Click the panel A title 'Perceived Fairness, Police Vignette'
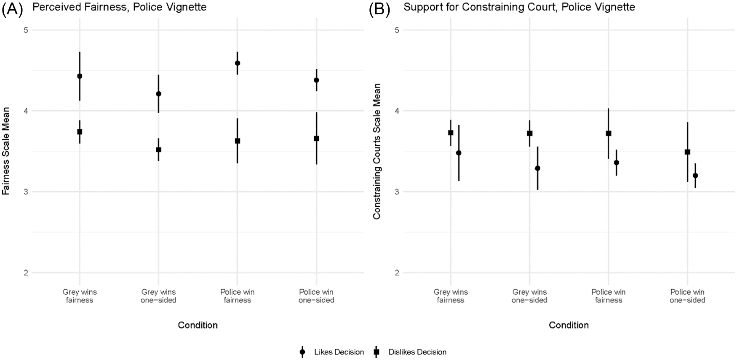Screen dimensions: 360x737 pyautogui.click(x=119, y=7)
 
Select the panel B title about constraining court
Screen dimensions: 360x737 pyautogui.click(x=519, y=7)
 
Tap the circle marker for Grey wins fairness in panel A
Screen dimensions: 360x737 pyautogui.click(x=80, y=76)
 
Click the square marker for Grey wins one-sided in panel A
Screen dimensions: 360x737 pyautogui.click(x=159, y=149)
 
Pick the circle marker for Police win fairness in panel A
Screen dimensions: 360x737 pyautogui.click(x=238, y=63)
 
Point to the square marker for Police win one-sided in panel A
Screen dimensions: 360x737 pyautogui.click(x=316, y=139)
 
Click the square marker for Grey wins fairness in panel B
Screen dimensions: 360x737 pyautogui.click(x=451, y=133)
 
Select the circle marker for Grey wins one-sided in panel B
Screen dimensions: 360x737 pyautogui.click(x=537, y=168)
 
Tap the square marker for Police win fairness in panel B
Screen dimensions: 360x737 pyautogui.click(x=609, y=133)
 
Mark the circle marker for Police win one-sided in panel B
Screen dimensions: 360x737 pyautogui.click(x=695, y=176)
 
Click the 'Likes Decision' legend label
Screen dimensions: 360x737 pyautogui.click(x=339, y=352)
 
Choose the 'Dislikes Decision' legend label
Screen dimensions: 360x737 pyautogui.click(x=417, y=352)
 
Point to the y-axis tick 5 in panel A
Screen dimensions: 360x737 pyautogui.click(x=26, y=30)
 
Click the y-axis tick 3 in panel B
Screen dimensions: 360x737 pyautogui.click(x=397, y=192)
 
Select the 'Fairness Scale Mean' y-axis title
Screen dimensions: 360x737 pyautogui.click(x=6, y=151)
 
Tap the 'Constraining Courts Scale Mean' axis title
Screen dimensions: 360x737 pyautogui.click(x=377, y=151)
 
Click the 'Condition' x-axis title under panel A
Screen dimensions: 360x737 pyautogui.click(x=198, y=325)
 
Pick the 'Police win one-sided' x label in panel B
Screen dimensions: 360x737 pyautogui.click(x=687, y=296)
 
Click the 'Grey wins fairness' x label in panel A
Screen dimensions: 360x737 pyautogui.click(x=80, y=296)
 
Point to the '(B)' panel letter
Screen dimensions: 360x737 pyautogui.click(x=379, y=9)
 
